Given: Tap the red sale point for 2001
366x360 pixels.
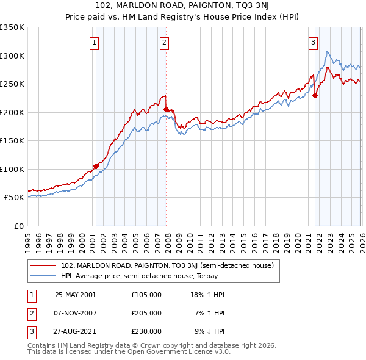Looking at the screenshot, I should [x=96, y=166].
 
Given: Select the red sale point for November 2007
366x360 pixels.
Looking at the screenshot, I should [x=166, y=109].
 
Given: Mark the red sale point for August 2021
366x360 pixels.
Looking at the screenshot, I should [x=315, y=95].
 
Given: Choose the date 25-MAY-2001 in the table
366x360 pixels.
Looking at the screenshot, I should [x=75, y=294].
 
